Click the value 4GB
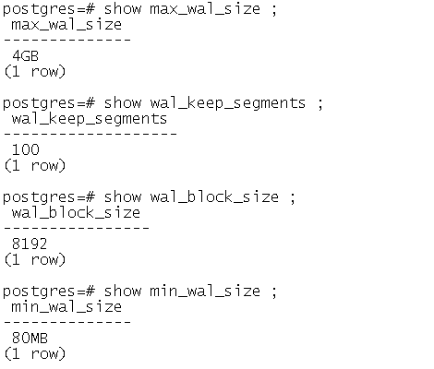(x=26, y=56)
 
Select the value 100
(x=26, y=150)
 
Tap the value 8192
(x=30, y=244)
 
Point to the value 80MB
(x=30, y=339)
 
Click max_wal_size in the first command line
(x=205, y=9)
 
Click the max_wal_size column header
(x=66, y=25)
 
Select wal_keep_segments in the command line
(x=228, y=104)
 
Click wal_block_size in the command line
(x=214, y=197)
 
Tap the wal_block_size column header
(x=76, y=213)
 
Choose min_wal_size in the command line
(x=205, y=292)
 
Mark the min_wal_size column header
(x=66, y=307)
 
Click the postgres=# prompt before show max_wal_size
(x=49, y=10)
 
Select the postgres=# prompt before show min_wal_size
(x=49, y=292)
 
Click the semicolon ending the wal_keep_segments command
(x=320, y=104)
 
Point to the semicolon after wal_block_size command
(x=293, y=198)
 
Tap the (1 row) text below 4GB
(x=35, y=72)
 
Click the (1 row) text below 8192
(x=35, y=260)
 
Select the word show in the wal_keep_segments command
(x=123, y=103)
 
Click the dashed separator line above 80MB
(x=67, y=322)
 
